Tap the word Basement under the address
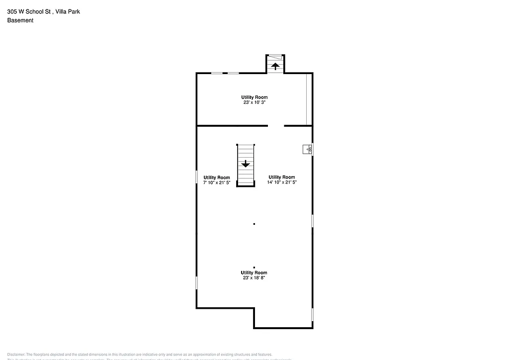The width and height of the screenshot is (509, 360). click(20, 20)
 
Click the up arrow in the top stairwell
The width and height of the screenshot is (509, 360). click(275, 66)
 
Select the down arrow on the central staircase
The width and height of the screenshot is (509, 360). click(245, 163)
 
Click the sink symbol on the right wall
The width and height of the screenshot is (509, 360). click(308, 149)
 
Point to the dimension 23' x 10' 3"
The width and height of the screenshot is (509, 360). click(254, 103)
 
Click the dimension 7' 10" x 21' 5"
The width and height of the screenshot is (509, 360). click(217, 183)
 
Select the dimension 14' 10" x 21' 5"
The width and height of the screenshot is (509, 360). click(282, 182)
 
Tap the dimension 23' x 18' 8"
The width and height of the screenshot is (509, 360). click(254, 278)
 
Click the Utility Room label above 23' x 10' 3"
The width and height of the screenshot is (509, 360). click(254, 97)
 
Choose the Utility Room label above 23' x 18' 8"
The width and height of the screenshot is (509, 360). click(254, 272)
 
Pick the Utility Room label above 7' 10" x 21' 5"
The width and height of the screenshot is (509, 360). click(217, 178)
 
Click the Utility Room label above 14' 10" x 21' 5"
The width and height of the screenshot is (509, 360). click(282, 177)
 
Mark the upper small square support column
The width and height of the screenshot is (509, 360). click(254, 224)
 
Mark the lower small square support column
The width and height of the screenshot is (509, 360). click(254, 268)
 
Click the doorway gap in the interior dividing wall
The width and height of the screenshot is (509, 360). click(276, 126)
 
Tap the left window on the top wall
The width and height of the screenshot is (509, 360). click(217, 74)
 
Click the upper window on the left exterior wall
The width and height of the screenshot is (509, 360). click(197, 177)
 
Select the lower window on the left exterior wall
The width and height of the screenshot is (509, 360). click(197, 283)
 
